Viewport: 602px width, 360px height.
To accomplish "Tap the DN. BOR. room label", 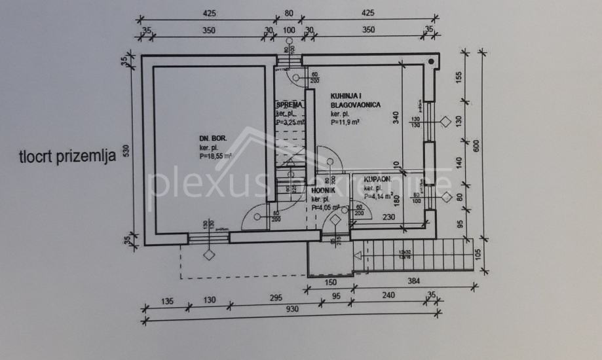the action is pos(213,139).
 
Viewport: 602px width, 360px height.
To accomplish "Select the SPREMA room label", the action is pos(289,105).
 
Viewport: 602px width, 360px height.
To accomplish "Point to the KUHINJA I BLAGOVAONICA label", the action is pos(355,100).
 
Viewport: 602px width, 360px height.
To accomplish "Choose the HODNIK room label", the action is pos(324,190).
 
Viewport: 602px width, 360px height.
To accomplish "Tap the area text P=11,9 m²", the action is pos(347,122).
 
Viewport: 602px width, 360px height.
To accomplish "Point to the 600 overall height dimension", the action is pos(485,147).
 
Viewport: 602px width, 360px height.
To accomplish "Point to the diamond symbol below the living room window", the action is pos(210,254).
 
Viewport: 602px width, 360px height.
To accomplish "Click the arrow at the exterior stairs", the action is pos(358,257).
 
